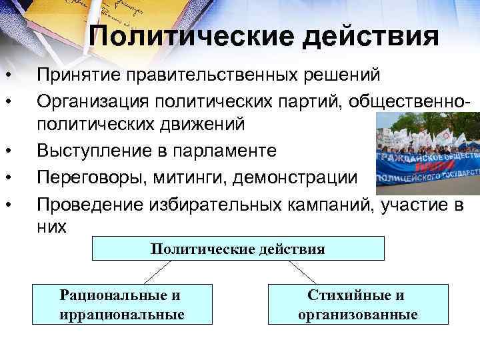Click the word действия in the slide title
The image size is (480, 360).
pyautogui.click(x=371, y=37)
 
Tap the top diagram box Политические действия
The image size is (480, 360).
pyautogui.click(x=238, y=249)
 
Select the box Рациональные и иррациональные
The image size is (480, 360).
pyautogui.click(x=120, y=304)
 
